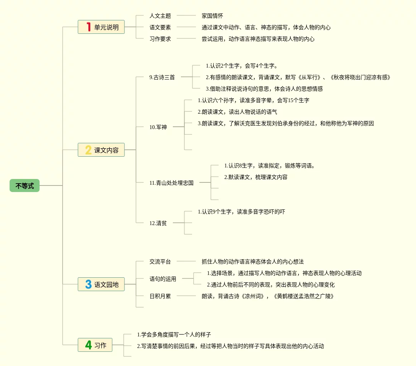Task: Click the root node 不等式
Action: pos(25,186)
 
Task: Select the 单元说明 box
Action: pos(101,27)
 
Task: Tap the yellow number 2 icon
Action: pos(88,150)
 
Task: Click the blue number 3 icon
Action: pos(88,284)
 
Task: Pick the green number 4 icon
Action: pos(88,345)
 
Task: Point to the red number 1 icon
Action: pos(88,27)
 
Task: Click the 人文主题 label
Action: pos(160,16)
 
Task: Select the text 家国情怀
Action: pos(212,16)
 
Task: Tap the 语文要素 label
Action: pos(160,27)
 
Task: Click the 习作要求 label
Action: pos(160,39)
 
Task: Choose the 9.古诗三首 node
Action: pos(162,77)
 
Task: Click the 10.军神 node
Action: pos(158,127)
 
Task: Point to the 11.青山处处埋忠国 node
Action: pos(171,183)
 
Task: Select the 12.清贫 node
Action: pos(158,223)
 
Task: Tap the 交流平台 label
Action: pos(160,262)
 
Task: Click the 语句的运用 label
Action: pos(163,279)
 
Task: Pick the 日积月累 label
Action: pos(160,296)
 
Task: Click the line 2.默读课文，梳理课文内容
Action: pos(256,177)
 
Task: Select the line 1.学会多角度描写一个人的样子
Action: pos(174,335)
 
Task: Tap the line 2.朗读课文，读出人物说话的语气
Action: pos(237,112)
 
